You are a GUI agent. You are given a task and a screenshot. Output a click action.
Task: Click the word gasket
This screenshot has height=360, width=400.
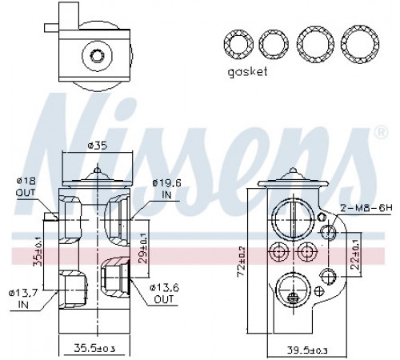point(247,72)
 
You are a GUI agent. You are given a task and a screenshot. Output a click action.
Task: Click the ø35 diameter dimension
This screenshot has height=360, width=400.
point(98,146)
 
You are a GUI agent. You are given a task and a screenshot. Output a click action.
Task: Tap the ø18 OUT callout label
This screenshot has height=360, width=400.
point(26,186)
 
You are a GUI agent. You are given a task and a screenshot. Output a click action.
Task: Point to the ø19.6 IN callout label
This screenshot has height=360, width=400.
point(166,189)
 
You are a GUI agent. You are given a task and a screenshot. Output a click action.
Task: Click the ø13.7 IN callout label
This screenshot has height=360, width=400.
point(23,298)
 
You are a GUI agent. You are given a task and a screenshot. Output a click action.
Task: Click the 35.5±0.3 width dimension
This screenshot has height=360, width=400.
point(94,349)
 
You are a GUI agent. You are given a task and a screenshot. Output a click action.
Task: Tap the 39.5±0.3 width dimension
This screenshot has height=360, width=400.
point(307,350)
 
